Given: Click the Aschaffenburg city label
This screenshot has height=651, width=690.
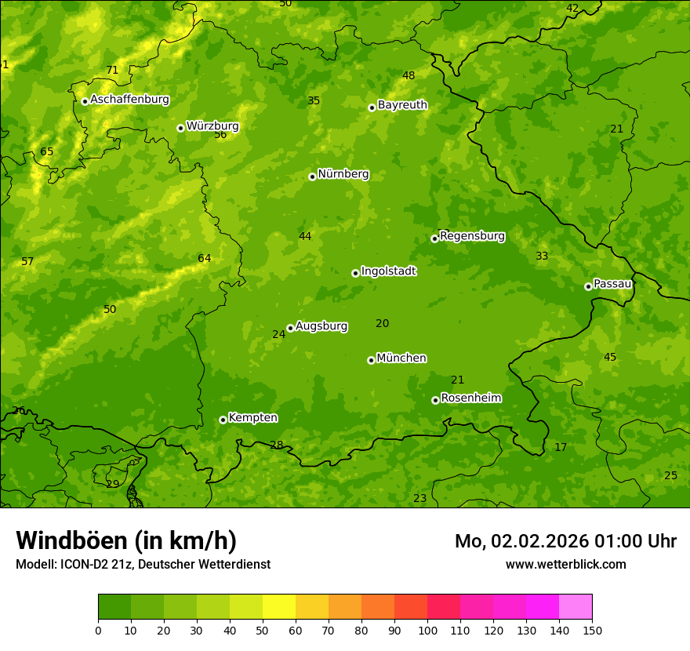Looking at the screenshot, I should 129,100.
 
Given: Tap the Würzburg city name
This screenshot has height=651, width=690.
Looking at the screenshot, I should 212,126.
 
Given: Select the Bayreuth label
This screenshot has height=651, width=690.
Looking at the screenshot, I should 402,105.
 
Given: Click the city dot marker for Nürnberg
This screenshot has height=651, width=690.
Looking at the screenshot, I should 312,176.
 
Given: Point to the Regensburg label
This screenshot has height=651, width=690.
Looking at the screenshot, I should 472,236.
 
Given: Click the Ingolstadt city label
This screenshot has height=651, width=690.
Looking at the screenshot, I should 388,271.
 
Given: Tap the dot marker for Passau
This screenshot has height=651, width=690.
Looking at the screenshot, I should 588,286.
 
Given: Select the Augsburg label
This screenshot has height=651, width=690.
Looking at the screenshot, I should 321,326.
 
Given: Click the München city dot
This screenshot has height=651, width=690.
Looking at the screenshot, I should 371,360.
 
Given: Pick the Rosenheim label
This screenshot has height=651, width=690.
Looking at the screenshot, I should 470,398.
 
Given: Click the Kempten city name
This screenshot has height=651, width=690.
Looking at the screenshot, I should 252,418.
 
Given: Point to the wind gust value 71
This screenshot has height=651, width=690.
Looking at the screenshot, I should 112,70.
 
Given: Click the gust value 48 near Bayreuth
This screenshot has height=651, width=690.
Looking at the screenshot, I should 409,75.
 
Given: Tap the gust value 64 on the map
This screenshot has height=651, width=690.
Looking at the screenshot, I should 205,258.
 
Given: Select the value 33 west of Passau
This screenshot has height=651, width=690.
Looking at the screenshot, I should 542,256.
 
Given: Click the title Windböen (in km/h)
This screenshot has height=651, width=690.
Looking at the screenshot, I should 126,540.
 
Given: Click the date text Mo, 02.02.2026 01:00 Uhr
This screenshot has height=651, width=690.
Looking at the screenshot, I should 565,541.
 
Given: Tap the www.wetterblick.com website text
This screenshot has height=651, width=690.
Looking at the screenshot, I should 565,564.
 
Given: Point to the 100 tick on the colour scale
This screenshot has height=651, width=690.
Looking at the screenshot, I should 427,629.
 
